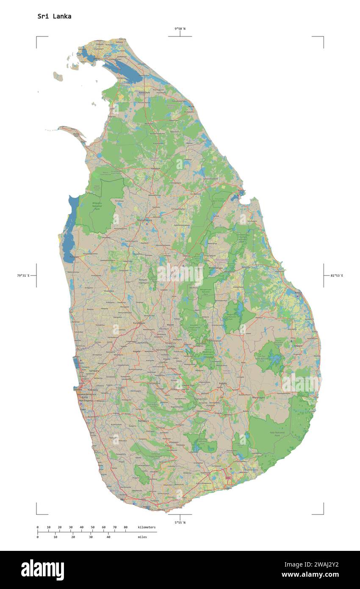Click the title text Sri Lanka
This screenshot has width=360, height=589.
[x=54, y=17]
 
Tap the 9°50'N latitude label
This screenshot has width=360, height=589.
[x=180, y=29]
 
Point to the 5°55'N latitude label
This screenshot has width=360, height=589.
[x=180, y=522]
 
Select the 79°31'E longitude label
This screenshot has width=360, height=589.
[x=23, y=276]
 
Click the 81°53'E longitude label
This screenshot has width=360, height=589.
[x=337, y=276]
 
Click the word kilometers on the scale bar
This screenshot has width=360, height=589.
[x=147, y=527]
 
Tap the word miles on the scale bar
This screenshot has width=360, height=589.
[x=142, y=537]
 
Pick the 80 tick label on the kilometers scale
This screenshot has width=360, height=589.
[x=125, y=527]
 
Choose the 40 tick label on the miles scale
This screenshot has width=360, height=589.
[x=108, y=537]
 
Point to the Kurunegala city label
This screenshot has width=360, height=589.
[x=139, y=323]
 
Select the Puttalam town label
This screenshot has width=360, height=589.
[x=74, y=257]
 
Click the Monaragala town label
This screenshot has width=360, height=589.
[x=258, y=398]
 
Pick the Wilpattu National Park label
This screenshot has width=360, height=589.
[x=97, y=206]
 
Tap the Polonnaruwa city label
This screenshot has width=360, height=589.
[x=216, y=268]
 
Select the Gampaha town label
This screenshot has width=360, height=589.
[x=94, y=371]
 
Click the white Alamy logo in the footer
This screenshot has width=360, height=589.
[x=42, y=570]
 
